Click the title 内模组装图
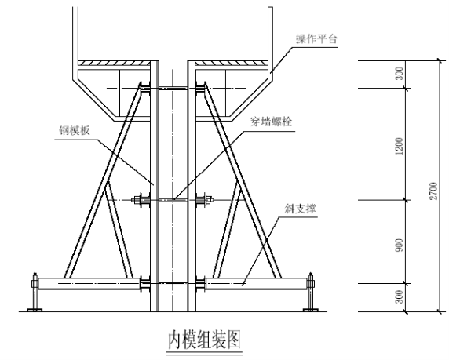pos(204,340)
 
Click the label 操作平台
pos(316,38)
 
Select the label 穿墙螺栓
pos(272,122)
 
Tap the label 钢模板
pos(75,130)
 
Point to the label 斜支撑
pos(300,209)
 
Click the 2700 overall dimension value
pos(434,191)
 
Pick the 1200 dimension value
pos(399,146)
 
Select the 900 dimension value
pos(399,245)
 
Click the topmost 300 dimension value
pos(399,73)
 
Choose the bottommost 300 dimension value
pos(399,296)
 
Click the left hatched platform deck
pos(115,63)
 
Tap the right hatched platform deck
pos(232,63)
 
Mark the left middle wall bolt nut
pos(140,200)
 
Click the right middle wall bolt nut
pos(206,200)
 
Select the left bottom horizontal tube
pos(89,283)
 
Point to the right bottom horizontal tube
pos(257,283)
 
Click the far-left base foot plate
pos(35,310)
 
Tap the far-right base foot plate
pos(311,310)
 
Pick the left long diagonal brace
pos(104,181)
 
